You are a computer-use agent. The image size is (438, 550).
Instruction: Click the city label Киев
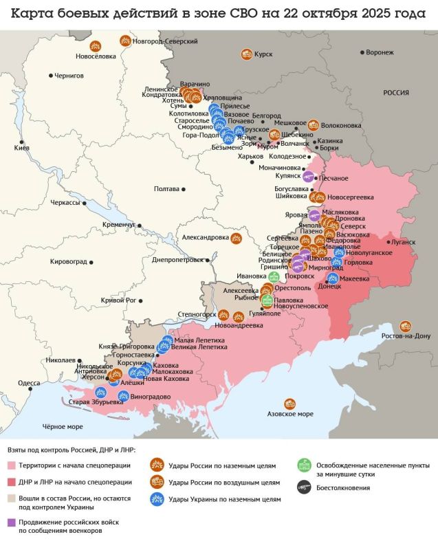pos(21,148)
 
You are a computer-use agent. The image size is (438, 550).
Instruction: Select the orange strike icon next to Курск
pos(245,54)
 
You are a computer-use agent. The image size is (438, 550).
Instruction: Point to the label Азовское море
pos(289,414)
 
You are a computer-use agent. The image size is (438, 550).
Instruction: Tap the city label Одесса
pos(29,383)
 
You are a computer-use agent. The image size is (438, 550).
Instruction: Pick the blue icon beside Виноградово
pos(123,396)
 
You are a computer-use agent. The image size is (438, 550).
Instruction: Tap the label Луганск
pos(402,242)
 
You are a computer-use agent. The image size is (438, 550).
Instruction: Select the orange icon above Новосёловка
pos(96,46)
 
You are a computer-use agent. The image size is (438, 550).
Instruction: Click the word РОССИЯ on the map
pos(396,93)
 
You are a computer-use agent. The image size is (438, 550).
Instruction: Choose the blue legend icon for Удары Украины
pos(157,499)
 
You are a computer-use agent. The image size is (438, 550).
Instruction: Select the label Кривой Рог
pos(120,300)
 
